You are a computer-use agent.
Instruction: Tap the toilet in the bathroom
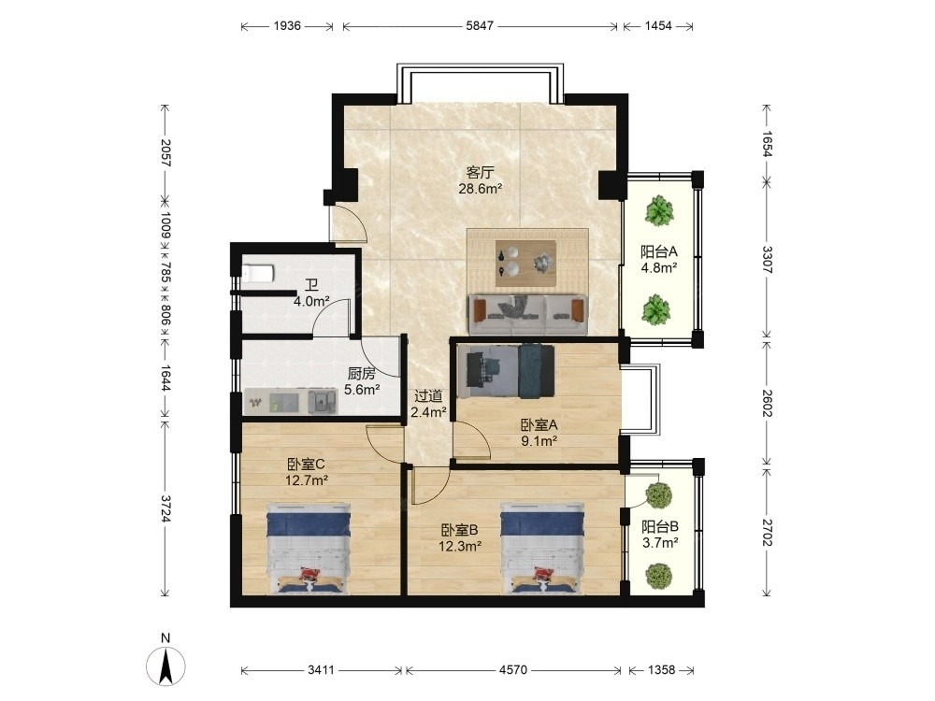click(x=258, y=272)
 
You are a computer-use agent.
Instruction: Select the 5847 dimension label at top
click(x=480, y=26)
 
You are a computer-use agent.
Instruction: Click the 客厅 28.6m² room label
click(x=480, y=180)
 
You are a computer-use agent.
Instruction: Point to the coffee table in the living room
click(x=526, y=263)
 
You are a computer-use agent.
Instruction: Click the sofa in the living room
click(x=527, y=313)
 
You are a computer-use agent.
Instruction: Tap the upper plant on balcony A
click(x=659, y=210)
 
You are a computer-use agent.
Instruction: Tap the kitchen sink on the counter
click(x=323, y=401)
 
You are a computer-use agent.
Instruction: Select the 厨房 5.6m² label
click(x=362, y=381)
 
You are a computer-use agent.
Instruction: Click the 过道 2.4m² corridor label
click(x=428, y=404)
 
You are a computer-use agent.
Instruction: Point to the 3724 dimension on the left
click(x=165, y=508)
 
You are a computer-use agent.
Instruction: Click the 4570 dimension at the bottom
click(x=512, y=670)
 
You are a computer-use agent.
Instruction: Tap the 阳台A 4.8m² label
click(x=659, y=259)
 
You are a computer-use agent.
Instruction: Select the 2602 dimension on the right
click(x=767, y=404)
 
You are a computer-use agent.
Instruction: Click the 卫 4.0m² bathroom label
click(x=311, y=293)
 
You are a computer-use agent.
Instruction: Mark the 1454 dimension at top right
click(x=658, y=26)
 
